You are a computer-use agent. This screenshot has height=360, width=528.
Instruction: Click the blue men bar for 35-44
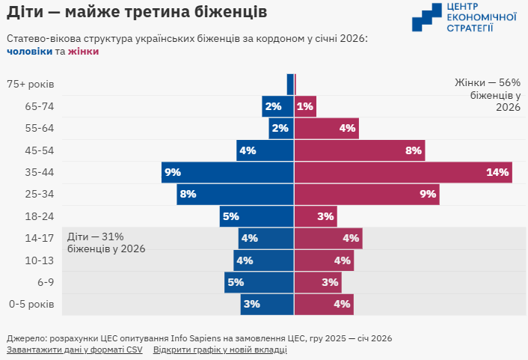(227, 172)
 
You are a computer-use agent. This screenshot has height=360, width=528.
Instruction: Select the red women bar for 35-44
(403, 172)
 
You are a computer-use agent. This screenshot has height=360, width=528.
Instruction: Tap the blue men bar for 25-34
(235, 195)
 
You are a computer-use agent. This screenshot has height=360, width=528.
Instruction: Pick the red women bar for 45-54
(359, 150)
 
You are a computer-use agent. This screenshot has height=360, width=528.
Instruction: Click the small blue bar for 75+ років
(290, 84)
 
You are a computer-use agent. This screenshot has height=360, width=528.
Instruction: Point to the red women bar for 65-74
(305, 106)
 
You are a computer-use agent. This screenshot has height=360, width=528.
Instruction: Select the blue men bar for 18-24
(257, 216)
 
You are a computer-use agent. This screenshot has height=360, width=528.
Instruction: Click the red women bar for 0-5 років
(324, 305)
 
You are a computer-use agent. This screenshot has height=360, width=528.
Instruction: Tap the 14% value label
(497, 173)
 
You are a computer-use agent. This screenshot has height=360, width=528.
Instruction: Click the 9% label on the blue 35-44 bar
(173, 173)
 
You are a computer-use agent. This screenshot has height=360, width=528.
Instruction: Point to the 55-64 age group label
(40, 128)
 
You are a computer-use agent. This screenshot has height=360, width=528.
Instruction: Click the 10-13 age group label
(40, 260)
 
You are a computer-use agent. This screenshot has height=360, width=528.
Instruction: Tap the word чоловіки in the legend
(29, 52)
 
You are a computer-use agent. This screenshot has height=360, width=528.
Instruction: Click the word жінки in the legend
(83, 52)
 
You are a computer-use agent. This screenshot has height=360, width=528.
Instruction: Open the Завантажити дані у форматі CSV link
(74, 350)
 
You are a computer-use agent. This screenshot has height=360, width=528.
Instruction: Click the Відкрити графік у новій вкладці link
(220, 350)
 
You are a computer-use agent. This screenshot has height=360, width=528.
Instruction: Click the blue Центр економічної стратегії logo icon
(426, 17)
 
